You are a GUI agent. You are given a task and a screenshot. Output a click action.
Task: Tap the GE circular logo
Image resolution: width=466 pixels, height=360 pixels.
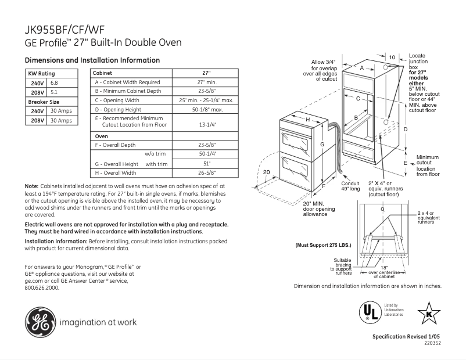tap(40, 321)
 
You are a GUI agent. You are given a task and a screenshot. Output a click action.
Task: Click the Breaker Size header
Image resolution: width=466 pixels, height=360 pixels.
tap(44, 102)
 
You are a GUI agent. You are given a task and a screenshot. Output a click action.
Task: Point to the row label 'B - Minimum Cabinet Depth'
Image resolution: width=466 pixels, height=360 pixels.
tap(128, 91)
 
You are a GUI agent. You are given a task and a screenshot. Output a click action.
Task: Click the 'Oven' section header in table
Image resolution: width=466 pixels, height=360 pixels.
tap(102, 136)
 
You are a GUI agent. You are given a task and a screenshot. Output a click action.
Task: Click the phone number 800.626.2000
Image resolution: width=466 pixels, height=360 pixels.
tap(42, 287)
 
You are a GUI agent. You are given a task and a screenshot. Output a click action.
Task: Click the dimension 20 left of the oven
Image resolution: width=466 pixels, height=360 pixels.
tap(267, 172)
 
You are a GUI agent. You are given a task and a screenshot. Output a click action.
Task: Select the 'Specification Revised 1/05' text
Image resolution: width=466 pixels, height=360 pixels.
tap(406, 337)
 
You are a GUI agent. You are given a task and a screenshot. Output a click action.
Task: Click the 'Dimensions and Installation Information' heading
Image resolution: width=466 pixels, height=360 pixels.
tap(92, 60)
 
